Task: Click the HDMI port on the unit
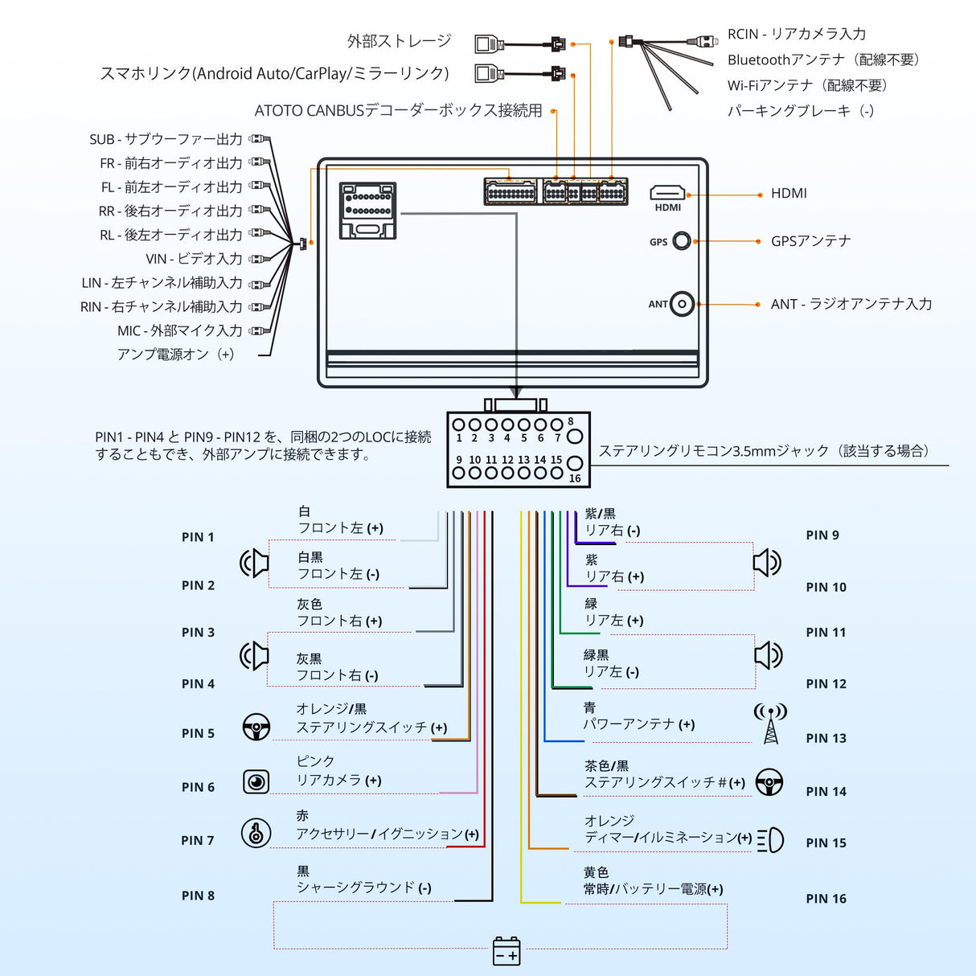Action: point(667,193)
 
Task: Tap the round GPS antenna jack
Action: point(682,240)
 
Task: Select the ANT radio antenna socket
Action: point(682,304)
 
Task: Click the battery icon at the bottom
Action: point(506,950)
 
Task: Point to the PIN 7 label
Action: point(198,840)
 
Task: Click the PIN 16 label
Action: point(826,899)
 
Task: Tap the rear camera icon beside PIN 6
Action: point(256,781)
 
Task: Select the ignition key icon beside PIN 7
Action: point(256,833)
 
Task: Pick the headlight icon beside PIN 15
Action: point(770,840)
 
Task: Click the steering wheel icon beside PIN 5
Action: point(256,727)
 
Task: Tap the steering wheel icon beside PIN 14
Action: point(769,782)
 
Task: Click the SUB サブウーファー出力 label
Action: point(166,139)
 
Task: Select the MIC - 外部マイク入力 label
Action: point(179,330)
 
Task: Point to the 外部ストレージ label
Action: point(400,41)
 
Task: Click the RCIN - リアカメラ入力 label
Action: point(797,34)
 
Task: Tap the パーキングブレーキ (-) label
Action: point(800,111)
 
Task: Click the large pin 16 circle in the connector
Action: point(574,463)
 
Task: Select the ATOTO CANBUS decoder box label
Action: point(398,111)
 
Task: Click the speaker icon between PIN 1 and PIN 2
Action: point(255,563)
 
